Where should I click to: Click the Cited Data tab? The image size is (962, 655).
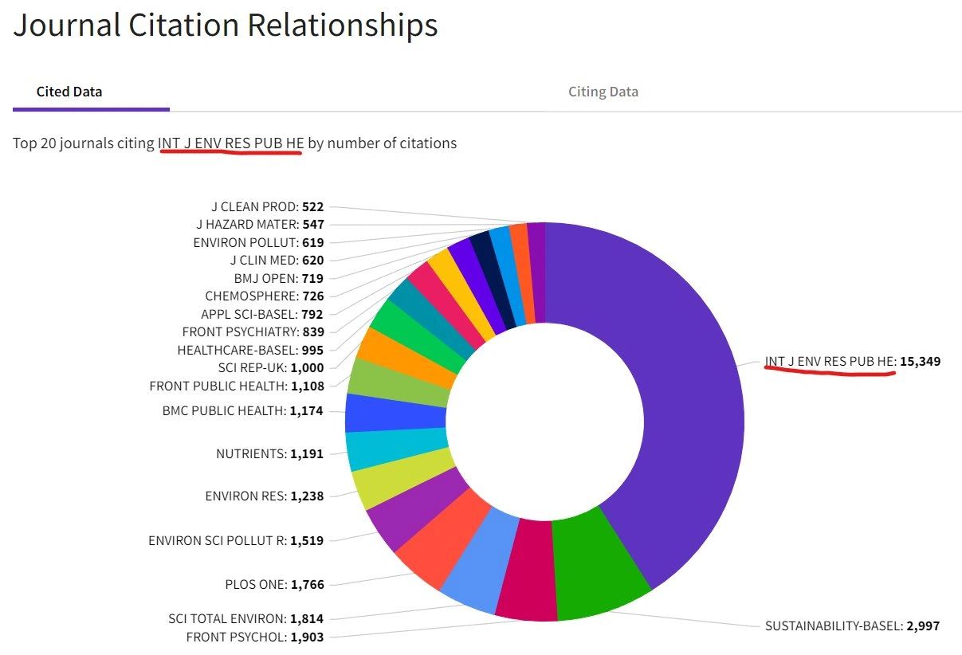coord(69,92)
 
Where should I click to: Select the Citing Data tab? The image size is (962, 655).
coord(603,92)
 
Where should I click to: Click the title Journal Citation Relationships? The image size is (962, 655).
coord(226,25)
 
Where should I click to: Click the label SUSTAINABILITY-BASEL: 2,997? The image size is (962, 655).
coord(852,626)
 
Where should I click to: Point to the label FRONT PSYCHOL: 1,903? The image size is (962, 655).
coord(255,637)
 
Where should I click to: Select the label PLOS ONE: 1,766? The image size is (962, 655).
coord(274,584)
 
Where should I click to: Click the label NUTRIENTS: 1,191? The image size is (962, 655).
coord(269,453)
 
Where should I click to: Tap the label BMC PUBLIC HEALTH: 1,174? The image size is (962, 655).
coord(243,411)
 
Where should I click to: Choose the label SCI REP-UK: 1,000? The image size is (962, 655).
coord(271,367)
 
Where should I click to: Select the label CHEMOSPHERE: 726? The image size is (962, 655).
coord(264,296)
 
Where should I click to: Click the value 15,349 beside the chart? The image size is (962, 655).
coord(920,361)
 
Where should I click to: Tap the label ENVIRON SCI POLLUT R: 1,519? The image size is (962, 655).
coord(236,540)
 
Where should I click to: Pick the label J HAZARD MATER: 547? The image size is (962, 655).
coord(260,225)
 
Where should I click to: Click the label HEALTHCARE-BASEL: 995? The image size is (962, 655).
coord(250,350)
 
